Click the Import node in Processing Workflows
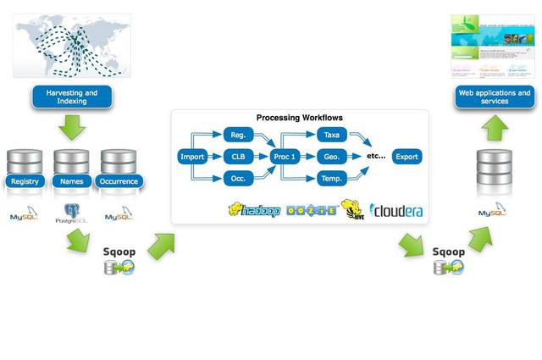[x=191, y=157]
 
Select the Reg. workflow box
[x=237, y=135]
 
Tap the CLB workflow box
[x=237, y=157]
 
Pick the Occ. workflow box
[x=237, y=179]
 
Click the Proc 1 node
[x=285, y=157]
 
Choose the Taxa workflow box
[x=331, y=135]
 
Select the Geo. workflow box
[x=331, y=157]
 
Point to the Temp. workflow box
[x=331, y=179]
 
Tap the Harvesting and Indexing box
[x=72, y=97]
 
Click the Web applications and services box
[x=494, y=97]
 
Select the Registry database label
[x=25, y=181]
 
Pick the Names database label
[x=72, y=181]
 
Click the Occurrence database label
[x=119, y=181]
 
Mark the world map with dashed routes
[x=72, y=47]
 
